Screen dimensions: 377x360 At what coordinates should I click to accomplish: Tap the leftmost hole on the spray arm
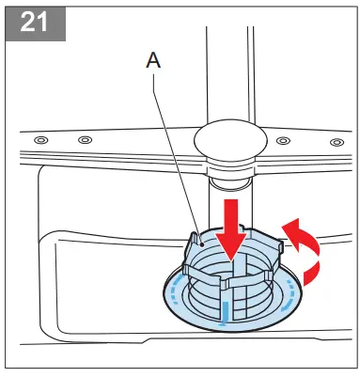point(39,140)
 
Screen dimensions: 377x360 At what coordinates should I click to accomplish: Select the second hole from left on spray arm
point(85,140)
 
